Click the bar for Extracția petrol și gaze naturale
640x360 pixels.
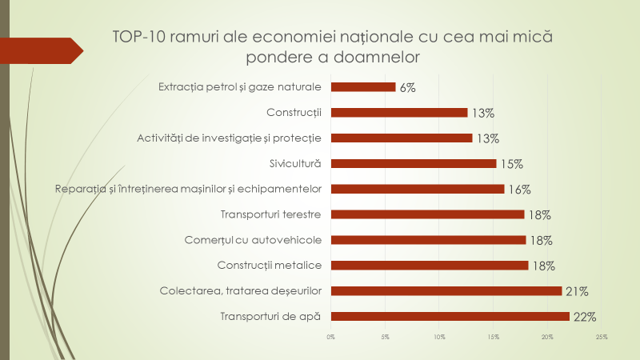(x=363, y=87)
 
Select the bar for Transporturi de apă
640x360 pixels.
(x=450, y=316)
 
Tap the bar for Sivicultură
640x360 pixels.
(x=414, y=163)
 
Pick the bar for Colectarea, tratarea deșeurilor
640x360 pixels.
(x=446, y=290)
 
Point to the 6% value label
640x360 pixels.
(x=407, y=88)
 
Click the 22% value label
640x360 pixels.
(x=585, y=317)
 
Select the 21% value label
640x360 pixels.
(x=578, y=291)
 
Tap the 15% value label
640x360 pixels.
(x=511, y=164)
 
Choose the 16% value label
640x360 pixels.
(x=519, y=190)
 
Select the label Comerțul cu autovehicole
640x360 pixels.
(x=263, y=239)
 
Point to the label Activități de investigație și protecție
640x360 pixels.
(x=229, y=138)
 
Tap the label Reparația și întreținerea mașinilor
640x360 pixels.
(x=188, y=189)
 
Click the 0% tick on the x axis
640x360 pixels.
(x=331, y=337)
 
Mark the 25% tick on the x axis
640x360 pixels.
(x=602, y=337)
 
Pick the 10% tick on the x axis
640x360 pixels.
(x=439, y=337)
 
